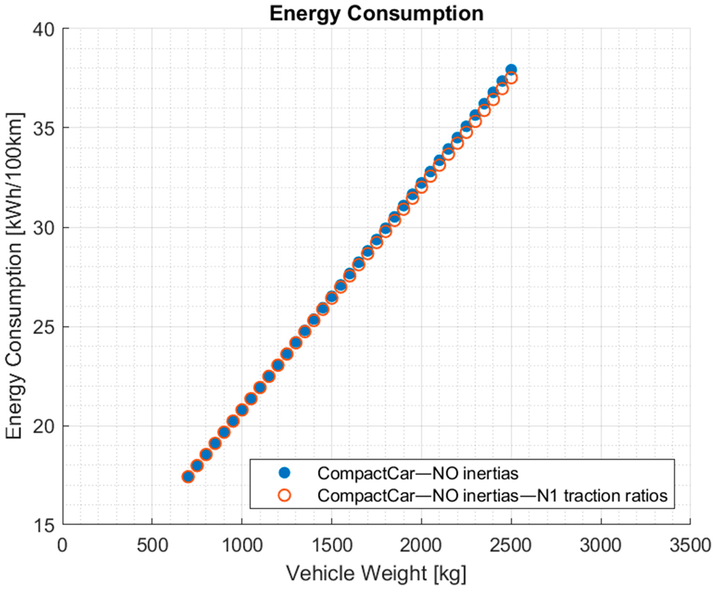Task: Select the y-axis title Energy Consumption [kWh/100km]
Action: click(14, 276)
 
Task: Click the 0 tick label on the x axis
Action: click(62, 545)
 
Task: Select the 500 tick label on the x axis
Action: click(152, 545)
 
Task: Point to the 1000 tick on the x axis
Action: click(242, 545)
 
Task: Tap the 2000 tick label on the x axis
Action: click(421, 545)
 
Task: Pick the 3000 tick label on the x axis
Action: click(601, 545)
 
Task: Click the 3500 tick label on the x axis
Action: click(690, 545)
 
